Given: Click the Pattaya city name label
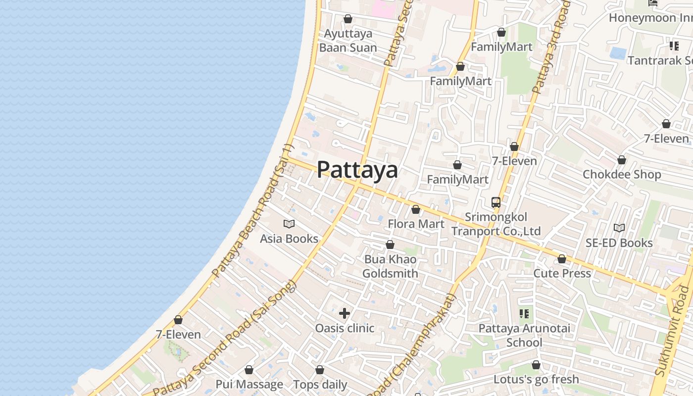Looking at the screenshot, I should [x=357, y=170].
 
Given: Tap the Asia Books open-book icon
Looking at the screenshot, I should [x=289, y=224].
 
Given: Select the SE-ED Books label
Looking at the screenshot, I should [x=619, y=243].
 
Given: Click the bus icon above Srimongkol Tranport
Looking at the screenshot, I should [x=496, y=202].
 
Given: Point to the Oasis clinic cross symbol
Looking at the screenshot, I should [x=345, y=313].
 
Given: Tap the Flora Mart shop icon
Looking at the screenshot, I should [x=416, y=209].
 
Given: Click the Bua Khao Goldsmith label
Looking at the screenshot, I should [x=390, y=266].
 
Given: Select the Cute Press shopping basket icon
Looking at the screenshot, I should [x=562, y=259].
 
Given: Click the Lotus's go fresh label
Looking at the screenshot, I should [x=536, y=379].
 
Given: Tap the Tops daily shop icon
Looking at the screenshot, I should [x=320, y=370].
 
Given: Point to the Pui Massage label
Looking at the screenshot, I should [x=249, y=384].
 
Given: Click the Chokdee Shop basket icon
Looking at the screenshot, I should [x=622, y=160].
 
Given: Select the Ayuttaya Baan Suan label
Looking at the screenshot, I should [x=348, y=41].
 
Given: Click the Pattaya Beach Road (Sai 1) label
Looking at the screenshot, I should [x=253, y=210].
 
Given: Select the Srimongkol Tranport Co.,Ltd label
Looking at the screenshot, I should [x=496, y=224].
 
